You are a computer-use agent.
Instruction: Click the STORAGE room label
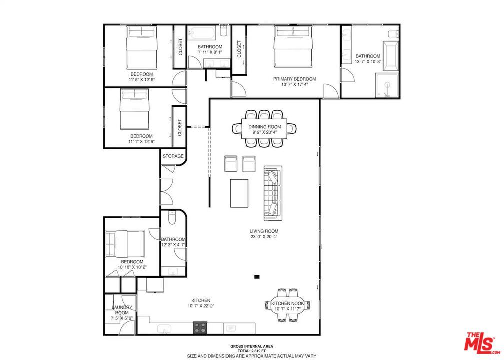point(173,156)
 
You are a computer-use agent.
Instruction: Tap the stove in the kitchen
point(200,328)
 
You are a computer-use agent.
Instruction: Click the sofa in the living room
point(273,193)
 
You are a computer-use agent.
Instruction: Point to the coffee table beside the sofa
point(239,193)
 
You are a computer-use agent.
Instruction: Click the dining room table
point(264,129)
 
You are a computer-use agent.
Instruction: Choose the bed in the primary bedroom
point(293,47)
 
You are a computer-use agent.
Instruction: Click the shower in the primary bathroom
point(387,86)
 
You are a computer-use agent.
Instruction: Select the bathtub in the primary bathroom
point(390,55)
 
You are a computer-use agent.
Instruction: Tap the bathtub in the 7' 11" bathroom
point(202,32)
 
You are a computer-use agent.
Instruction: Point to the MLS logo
point(481,341)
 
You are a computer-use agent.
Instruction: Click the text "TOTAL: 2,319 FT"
point(251,351)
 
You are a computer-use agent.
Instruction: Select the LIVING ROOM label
point(264,231)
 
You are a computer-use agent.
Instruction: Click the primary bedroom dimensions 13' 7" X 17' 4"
point(295,85)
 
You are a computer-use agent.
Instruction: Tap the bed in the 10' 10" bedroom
point(125,244)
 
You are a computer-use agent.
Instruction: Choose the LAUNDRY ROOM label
point(122,310)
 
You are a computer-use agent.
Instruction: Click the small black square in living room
point(257,277)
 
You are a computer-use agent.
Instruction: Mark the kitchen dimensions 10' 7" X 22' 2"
point(201,306)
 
